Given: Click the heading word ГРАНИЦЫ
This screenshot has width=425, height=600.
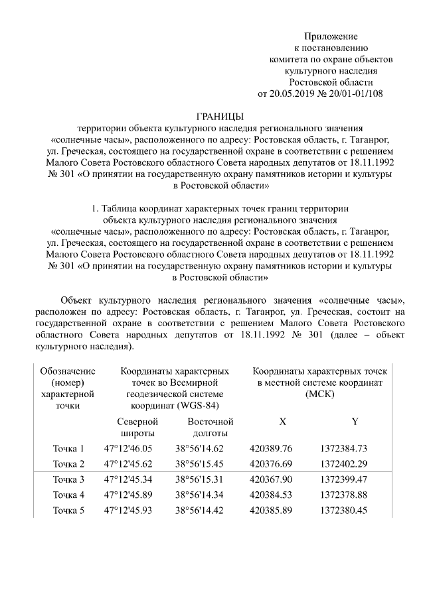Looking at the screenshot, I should tap(220, 116).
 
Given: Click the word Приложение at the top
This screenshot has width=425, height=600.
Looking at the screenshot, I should tap(331, 36).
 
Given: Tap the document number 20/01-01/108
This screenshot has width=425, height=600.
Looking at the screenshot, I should tap(360, 93).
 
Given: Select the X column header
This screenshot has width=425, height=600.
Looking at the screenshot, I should tap(282, 422).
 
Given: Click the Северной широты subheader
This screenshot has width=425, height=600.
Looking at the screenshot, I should tap(137, 428).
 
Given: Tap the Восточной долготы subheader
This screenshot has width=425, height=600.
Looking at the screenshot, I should tap(211, 428).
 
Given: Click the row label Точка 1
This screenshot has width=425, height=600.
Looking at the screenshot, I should tap(68, 448).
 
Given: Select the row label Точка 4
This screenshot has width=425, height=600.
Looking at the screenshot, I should tap(68, 495).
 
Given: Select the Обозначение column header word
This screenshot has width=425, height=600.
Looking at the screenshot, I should tap(68, 371).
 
